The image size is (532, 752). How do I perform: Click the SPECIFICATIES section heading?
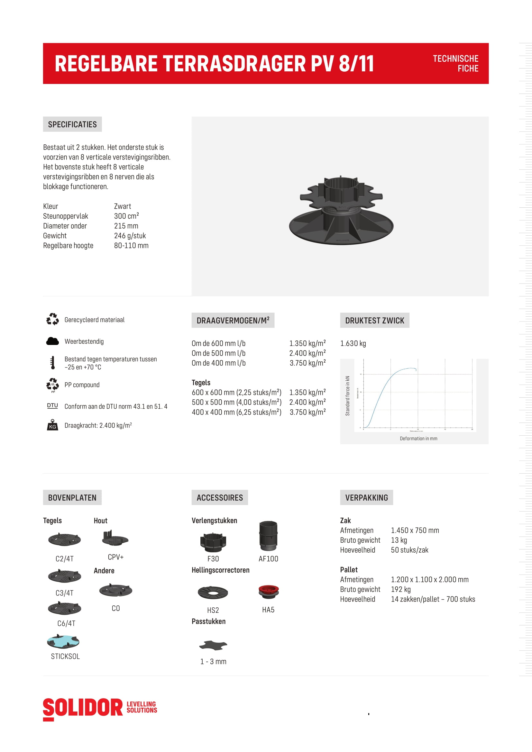coord(72,124)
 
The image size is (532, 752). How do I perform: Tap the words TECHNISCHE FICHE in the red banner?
coord(455,64)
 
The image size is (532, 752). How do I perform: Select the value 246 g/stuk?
coord(130,236)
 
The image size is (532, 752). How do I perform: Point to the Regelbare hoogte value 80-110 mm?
coord(131,246)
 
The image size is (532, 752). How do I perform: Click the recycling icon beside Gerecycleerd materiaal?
coord(52,319)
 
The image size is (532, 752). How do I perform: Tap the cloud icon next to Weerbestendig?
coord(52,341)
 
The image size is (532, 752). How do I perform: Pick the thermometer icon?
coord(52,363)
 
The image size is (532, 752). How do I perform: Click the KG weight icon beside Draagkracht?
coord(52,425)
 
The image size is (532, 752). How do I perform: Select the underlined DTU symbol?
coord(52,406)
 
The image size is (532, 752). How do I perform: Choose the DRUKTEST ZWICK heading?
coord(374,320)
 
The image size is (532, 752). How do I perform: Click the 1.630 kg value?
coord(353,343)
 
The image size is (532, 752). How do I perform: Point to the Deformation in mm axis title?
coord(418,439)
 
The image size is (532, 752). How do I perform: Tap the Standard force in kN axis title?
coord(348,396)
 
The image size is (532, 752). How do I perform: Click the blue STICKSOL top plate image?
coord(63,642)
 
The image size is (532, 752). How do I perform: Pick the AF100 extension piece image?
coord(268,536)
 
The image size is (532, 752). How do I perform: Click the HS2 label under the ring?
coord(213,610)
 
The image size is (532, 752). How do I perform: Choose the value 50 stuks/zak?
coord(409,550)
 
